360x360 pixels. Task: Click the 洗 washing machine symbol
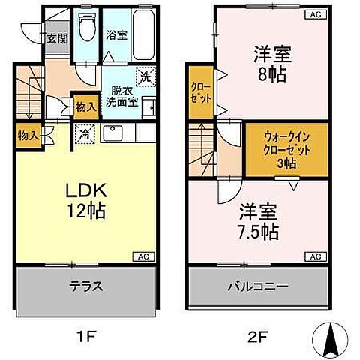[144, 75]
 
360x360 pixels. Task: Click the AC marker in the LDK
[142, 256]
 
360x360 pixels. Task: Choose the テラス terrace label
[88, 286]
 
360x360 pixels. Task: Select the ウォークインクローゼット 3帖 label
[286, 149]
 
